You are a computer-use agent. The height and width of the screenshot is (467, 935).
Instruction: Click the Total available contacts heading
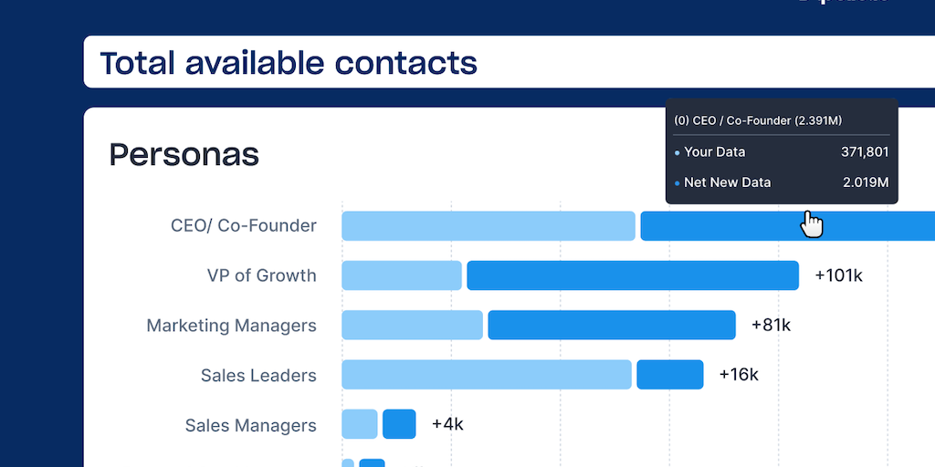pyautogui.click(x=289, y=63)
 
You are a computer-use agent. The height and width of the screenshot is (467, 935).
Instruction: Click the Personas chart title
pyautogui.click(x=184, y=155)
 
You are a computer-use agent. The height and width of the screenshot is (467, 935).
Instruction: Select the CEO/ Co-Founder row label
pyautogui.click(x=244, y=225)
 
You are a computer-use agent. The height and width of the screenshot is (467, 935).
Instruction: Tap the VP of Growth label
pyautogui.click(x=261, y=275)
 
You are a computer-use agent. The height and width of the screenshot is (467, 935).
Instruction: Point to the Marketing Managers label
pyautogui.click(x=232, y=326)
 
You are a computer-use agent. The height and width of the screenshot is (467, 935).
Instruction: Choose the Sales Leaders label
pyautogui.click(x=258, y=375)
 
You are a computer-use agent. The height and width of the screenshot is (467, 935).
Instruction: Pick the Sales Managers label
pyautogui.click(x=251, y=425)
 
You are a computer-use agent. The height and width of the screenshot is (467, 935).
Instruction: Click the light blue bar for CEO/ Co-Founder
pyautogui.click(x=488, y=225)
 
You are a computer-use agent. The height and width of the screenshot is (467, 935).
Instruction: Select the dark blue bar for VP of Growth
pyautogui.click(x=633, y=275)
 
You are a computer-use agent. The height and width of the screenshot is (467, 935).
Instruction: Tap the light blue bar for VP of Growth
pyautogui.click(x=402, y=275)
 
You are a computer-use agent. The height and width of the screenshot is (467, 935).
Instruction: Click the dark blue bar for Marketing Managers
pyautogui.click(x=612, y=326)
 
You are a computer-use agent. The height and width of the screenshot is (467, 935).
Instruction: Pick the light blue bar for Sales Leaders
pyautogui.click(x=487, y=375)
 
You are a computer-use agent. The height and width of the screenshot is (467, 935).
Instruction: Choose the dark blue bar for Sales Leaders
pyautogui.click(x=670, y=375)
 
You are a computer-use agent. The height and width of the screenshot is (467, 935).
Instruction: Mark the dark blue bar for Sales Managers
pyautogui.click(x=399, y=424)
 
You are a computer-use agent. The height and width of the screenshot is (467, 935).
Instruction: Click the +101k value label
pyautogui.click(x=838, y=275)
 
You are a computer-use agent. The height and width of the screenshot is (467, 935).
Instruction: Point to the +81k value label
pyautogui.click(x=771, y=325)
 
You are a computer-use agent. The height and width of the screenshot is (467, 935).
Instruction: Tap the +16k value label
pyautogui.click(x=739, y=375)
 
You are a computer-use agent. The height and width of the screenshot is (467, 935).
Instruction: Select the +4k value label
pyautogui.click(x=447, y=424)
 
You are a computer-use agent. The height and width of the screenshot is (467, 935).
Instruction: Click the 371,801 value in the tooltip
pyautogui.click(x=864, y=152)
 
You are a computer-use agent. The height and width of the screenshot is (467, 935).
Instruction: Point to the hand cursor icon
pyautogui.click(x=811, y=223)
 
